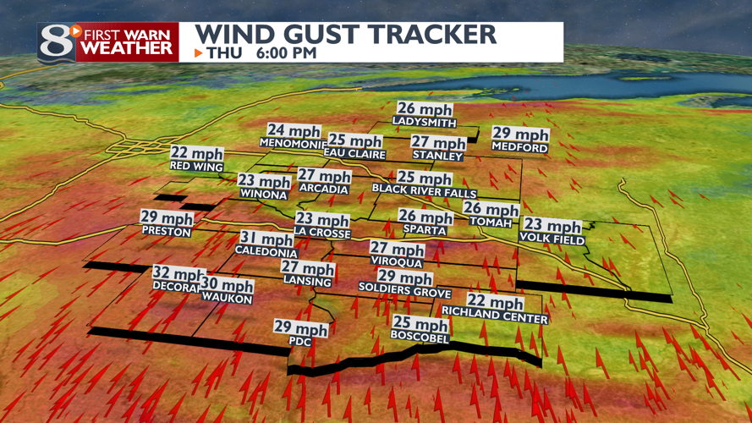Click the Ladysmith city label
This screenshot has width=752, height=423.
[425, 122]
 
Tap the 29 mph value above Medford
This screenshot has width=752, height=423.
[520, 135]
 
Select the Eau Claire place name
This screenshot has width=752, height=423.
[355, 155]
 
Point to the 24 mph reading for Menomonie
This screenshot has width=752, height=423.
[294, 131]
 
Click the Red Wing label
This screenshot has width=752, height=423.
[196, 167]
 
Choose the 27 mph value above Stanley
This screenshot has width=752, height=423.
[438, 143]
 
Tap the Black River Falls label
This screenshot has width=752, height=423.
[425, 192]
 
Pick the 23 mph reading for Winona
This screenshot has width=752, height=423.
[264, 181]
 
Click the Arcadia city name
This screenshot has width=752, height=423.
[323, 190]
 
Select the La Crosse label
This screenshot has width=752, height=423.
[321, 232]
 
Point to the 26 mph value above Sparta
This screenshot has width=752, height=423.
[425, 217]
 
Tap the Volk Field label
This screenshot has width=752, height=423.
[552, 239]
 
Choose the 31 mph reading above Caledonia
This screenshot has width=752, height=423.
[267, 239]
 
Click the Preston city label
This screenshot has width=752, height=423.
[167, 231]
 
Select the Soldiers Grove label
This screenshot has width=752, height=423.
[404, 290]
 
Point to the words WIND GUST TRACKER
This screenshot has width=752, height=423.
[346, 35]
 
